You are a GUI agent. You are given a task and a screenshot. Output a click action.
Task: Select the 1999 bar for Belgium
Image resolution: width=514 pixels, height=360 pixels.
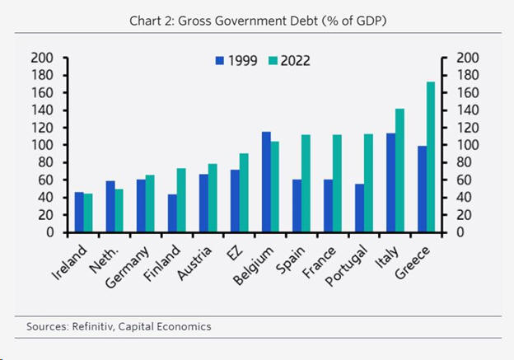(x=266, y=182)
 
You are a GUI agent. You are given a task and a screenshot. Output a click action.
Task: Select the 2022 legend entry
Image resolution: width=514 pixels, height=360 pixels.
(x=294, y=60)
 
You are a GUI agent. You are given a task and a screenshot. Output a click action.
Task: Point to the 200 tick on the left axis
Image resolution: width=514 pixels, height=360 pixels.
(x=41, y=58)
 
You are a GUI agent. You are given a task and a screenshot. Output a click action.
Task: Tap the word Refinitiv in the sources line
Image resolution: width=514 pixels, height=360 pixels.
(x=92, y=326)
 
